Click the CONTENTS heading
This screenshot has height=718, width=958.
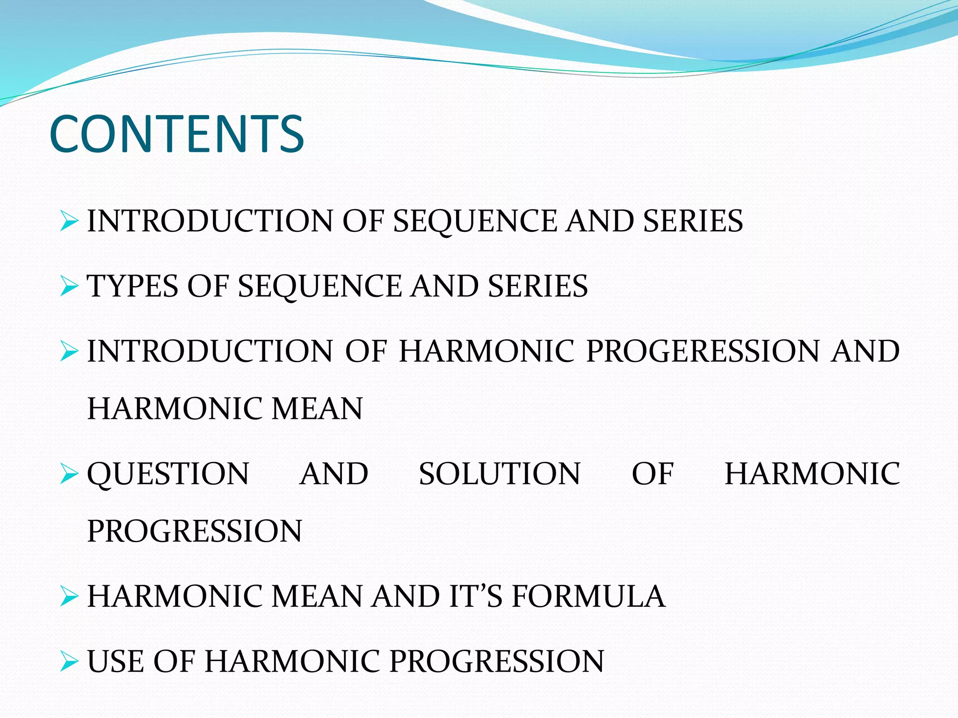point(177,135)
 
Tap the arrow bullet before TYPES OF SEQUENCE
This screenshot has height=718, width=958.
point(69,286)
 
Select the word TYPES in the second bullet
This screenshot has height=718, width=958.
point(132,286)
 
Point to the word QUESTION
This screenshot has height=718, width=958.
point(168,474)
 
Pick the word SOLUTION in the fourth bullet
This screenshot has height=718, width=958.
point(499,474)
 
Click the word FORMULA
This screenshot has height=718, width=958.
point(588,596)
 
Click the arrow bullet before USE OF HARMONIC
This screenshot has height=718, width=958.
point(69,662)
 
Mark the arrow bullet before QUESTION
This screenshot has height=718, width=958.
point(69,474)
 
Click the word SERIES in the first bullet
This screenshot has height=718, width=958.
point(693,221)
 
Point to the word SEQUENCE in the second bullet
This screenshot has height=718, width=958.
point(319,286)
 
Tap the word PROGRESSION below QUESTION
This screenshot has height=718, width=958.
point(195,531)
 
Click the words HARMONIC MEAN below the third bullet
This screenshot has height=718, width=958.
point(225,409)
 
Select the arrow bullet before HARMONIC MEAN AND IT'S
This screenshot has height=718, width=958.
point(69,597)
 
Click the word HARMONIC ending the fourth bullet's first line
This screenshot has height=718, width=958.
point(812,474)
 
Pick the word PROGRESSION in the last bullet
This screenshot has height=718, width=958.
point(497,661)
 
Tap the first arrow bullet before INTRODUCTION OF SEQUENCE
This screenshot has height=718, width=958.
point(69,221)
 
